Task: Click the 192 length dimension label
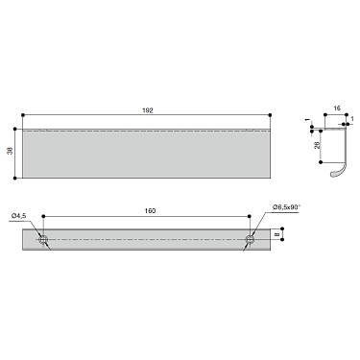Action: tap(147, 111)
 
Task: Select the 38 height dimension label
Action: tap(11, 152)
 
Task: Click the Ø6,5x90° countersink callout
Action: tap(287, 206)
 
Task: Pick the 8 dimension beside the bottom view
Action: tap(278, 233)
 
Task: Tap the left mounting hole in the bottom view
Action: tap(42, 239)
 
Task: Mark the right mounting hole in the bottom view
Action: tap(252, 239)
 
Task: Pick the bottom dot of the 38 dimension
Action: tap(15, 177)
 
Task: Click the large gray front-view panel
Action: tap(147, 154)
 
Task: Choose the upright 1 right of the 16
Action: tap(353, 121)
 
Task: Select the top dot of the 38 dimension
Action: tap(15, 127)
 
